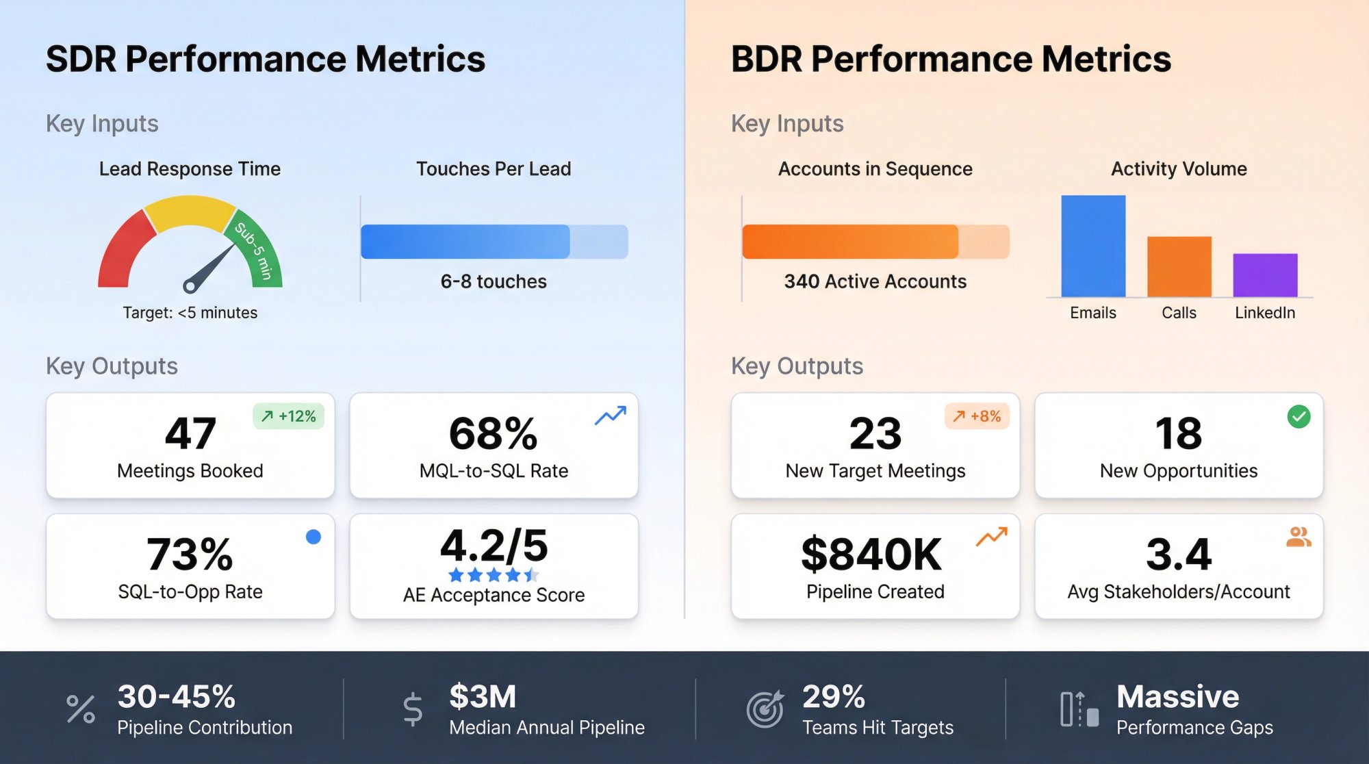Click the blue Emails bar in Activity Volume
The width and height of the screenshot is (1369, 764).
1093,246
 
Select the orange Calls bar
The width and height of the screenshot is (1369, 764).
1179,267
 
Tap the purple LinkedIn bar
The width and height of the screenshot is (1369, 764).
1265,275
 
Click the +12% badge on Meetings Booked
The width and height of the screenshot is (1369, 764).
289,416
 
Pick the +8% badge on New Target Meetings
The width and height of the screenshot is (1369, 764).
977,416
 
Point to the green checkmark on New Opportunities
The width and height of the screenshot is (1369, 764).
1298,416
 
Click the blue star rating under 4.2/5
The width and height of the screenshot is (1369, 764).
493,575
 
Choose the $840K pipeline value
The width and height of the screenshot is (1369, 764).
871,554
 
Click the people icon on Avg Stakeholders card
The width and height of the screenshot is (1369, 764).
1298,537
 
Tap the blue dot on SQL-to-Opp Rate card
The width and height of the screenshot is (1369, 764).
314,537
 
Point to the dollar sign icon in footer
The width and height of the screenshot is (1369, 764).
413,709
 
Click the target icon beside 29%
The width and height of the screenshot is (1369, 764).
765,709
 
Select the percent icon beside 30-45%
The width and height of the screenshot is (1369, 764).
81,709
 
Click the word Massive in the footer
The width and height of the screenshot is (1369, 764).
1177,697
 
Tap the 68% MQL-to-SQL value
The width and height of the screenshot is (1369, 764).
493,433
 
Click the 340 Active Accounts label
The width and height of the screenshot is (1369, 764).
875,281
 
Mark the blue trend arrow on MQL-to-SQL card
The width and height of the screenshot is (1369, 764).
610,415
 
